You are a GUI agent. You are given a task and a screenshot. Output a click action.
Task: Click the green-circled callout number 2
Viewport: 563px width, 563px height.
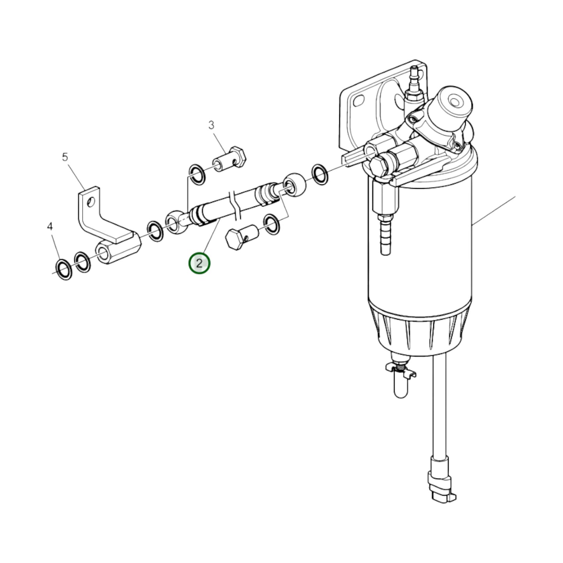(199, 264)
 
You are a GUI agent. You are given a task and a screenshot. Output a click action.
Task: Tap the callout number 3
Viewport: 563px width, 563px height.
(211, 125)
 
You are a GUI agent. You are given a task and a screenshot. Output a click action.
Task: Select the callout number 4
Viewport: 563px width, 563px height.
(49, 226)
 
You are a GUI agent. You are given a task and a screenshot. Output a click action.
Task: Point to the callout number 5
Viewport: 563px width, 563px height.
(65, 157)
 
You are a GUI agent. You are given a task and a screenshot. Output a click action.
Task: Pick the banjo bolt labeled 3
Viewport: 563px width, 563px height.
(229, 160)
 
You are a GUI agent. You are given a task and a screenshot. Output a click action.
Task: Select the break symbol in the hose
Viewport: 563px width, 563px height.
(235, 204)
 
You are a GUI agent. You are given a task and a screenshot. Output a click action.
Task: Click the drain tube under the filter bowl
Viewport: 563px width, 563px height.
(400, 384)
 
